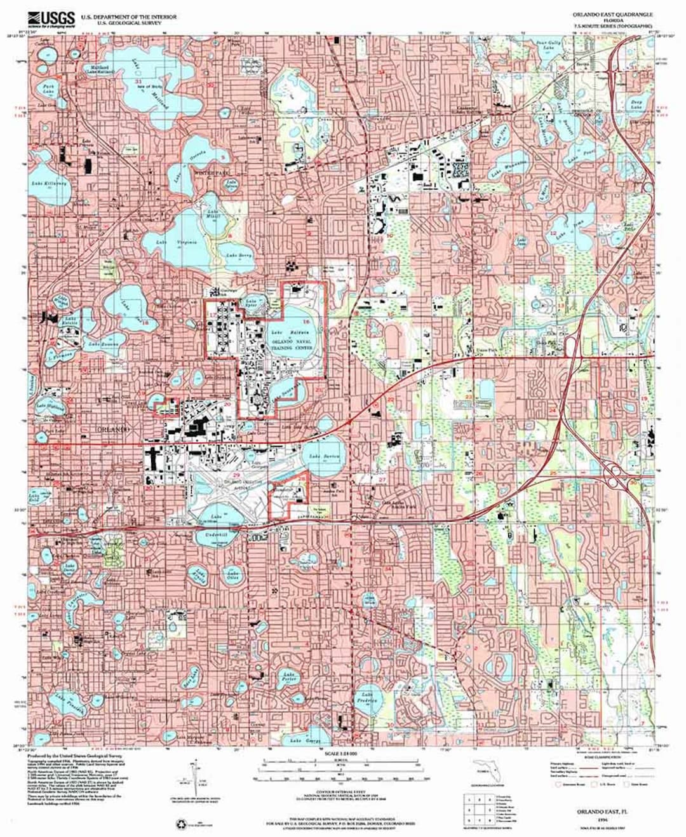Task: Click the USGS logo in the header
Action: tap(57, 18)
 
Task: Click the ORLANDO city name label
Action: tap(115, 429)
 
